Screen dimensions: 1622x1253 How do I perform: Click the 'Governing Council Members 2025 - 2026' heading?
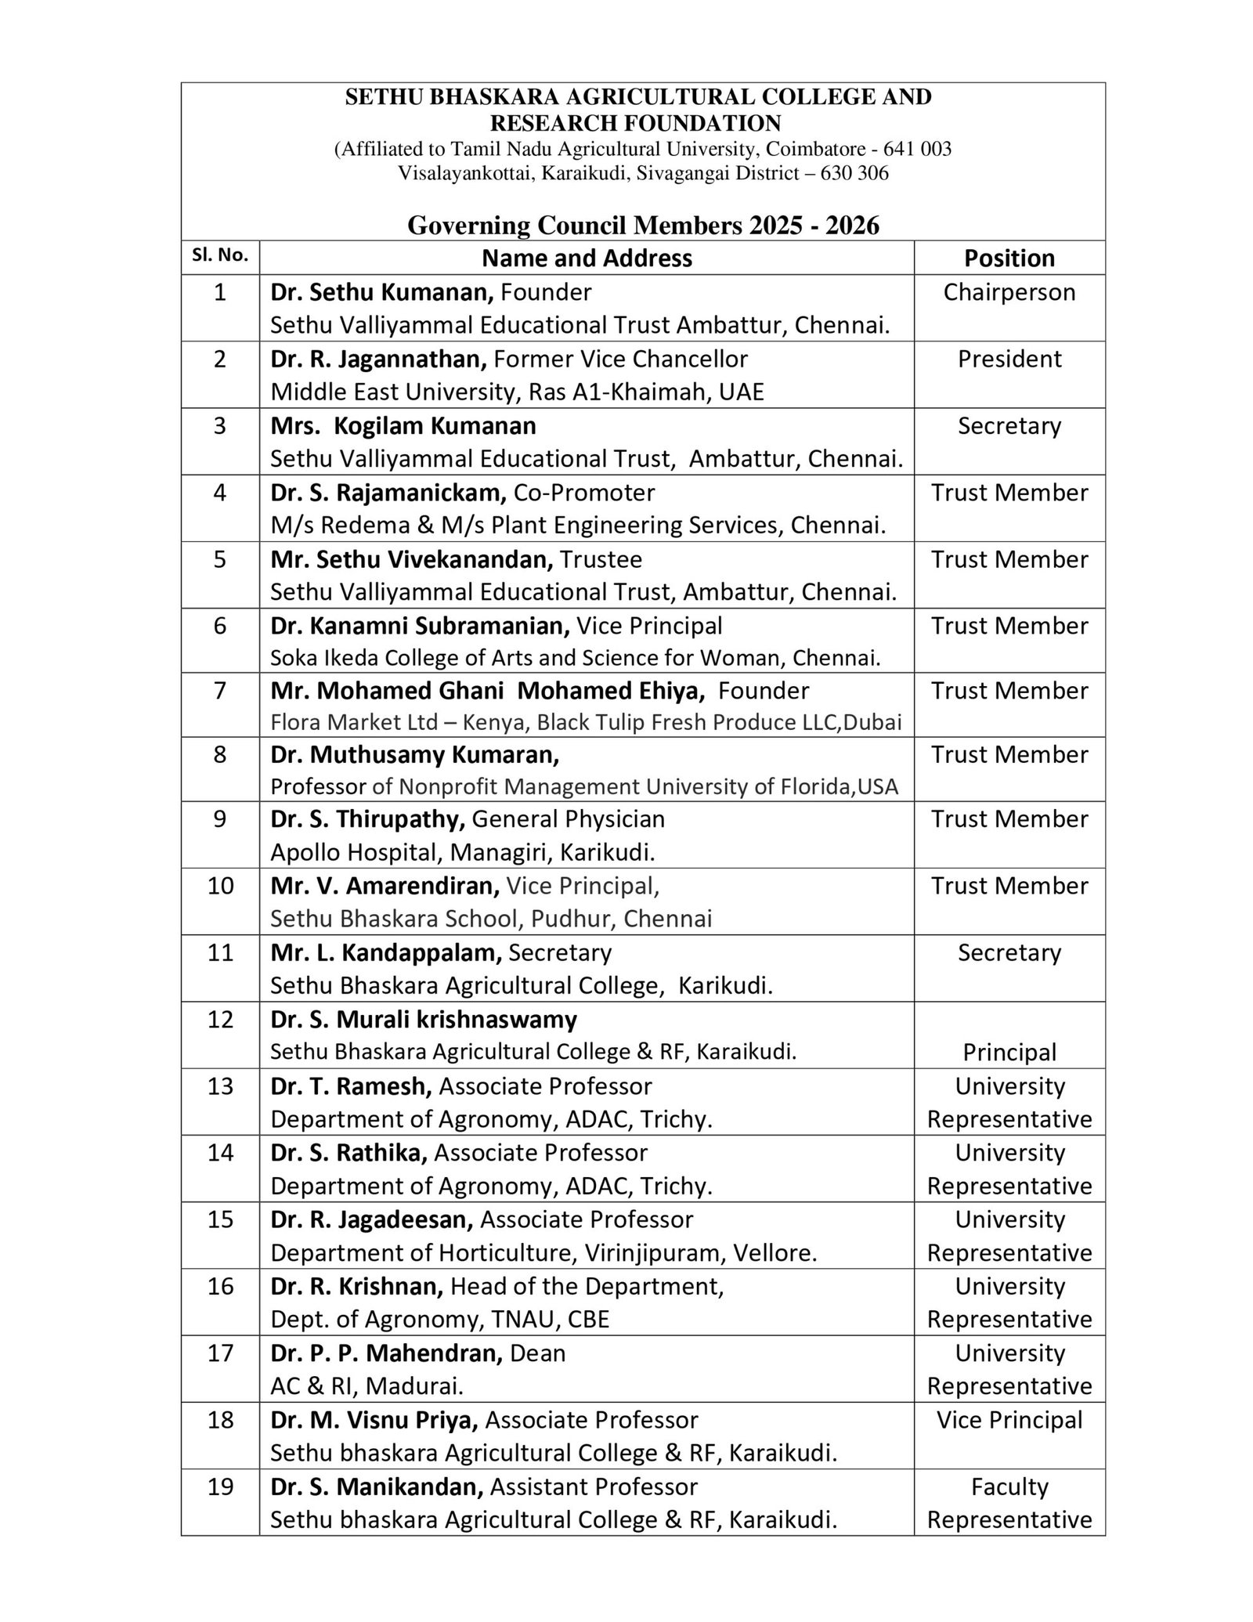point(642,226)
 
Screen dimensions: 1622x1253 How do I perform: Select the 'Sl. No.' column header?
point(220,255)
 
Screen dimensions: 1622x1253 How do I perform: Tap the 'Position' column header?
point(1009,258)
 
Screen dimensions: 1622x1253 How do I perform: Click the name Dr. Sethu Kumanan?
point(381,293)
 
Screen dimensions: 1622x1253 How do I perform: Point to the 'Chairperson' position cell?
point(1009,293)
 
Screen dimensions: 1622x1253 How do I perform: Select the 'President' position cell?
point(1009,359)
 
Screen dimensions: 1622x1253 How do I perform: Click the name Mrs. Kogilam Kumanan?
point(403,426)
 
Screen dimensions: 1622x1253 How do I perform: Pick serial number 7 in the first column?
point(220,691)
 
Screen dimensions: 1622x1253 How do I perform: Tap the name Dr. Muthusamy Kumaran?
point(415,755)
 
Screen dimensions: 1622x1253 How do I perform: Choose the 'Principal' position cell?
point(1009,1052)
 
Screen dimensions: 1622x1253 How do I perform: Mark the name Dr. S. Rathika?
point(348,1153)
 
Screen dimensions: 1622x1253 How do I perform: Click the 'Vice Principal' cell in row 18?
point(1009,1420)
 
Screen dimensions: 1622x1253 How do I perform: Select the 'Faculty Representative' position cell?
point(1009,1503)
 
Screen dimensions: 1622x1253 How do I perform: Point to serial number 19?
point(220,1487)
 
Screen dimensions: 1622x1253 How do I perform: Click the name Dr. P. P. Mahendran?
point(386,1353)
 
